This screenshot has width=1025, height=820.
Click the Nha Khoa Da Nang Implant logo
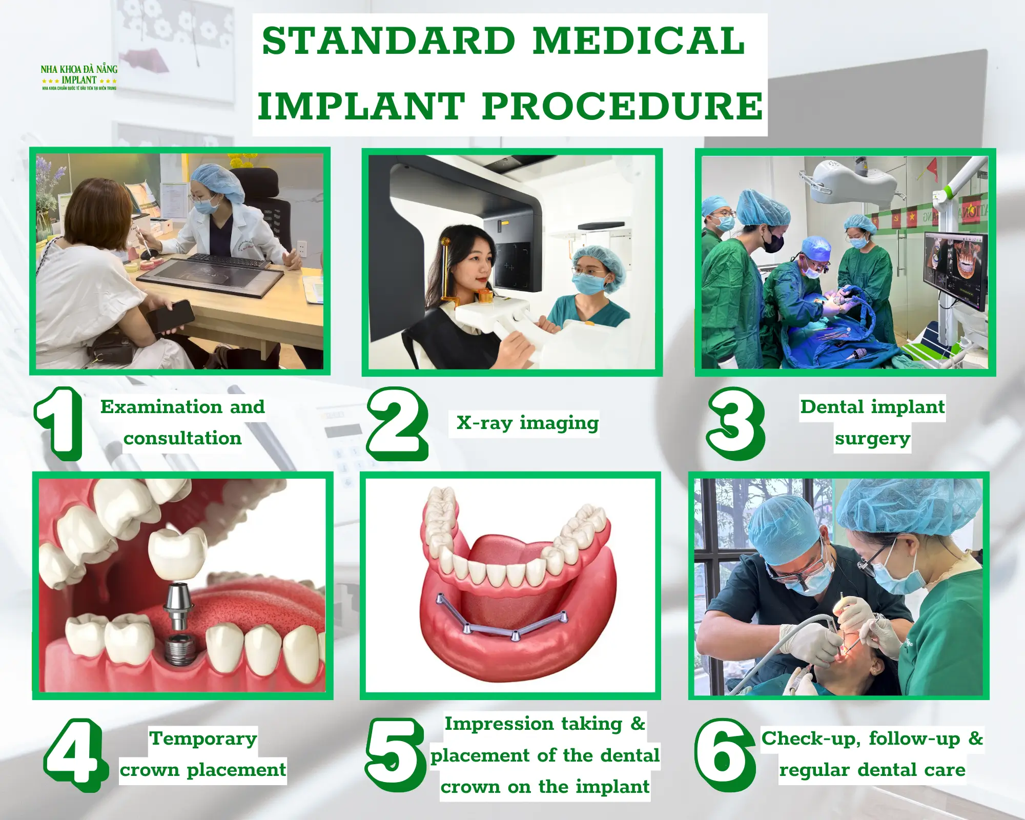click(x=79, y=77)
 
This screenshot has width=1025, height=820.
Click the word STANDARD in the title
click(x=387, y=41)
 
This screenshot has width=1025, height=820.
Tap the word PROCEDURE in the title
click(x=622, y=107)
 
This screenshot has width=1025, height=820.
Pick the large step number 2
click(x=397, y=423)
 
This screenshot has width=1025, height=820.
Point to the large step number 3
click(x=735, y=423)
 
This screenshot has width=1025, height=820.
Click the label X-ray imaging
click(x=527, y=423)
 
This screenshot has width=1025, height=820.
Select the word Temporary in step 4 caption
click(x=203, y=739)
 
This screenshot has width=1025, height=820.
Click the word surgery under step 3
click(x=872, y=439)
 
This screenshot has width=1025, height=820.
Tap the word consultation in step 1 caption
click(x=182, y=439)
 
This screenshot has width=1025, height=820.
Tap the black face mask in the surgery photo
click(x=774, y=243)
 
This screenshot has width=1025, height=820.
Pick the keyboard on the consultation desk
click(x=228, y=260)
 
